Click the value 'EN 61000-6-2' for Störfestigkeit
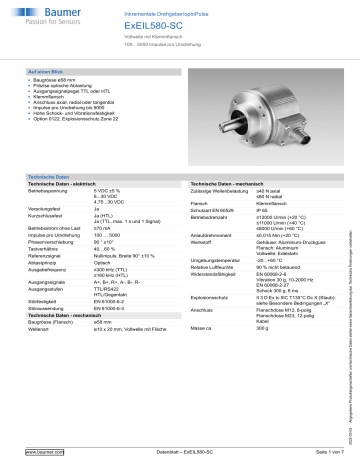(139, 312)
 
